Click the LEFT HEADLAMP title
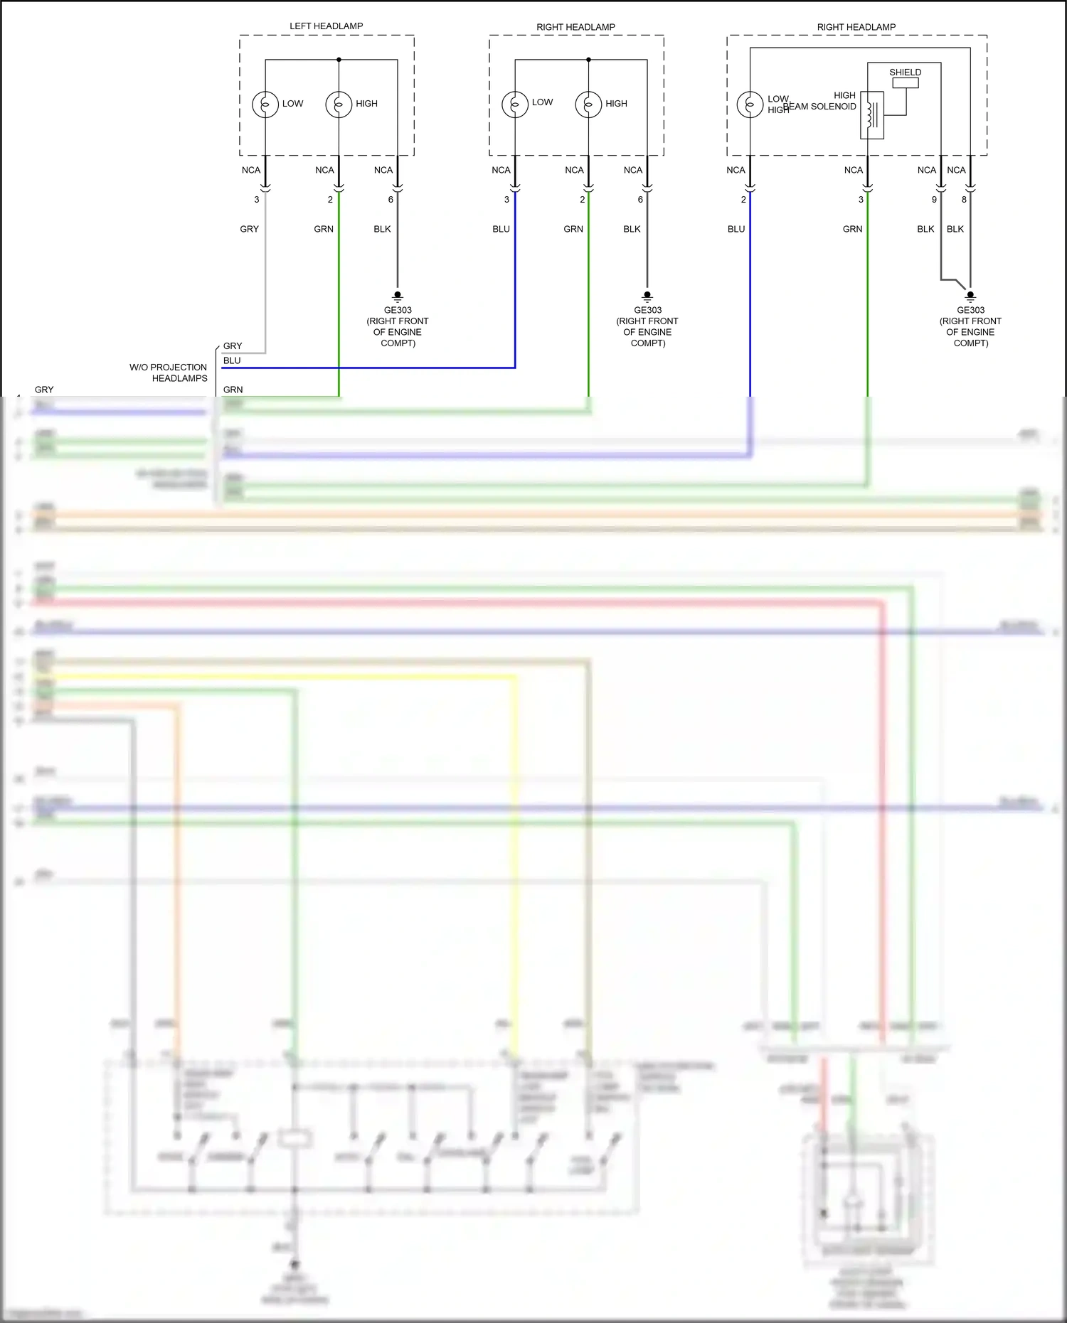(326, 26)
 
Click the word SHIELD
(905, 73)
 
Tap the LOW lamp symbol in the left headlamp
(265, 105)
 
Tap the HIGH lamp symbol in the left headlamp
(339, 105)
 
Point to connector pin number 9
(934, 200)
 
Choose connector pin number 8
(964, 200)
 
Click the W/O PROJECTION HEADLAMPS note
(169, 373)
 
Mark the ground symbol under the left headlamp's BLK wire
(398, 295)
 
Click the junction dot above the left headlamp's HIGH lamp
(339, 60)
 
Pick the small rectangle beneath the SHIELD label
(906, 83)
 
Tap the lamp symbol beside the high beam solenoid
(750, 105)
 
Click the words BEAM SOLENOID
(819, 107)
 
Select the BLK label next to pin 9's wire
(925, 229)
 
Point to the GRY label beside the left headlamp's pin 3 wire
(249, 229)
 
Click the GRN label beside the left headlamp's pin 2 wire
(324, 229)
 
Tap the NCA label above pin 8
(956, 170)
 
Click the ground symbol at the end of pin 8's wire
(970, 295)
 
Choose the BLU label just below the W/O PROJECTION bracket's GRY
(232, 360)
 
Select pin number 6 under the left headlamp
(391, 200)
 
